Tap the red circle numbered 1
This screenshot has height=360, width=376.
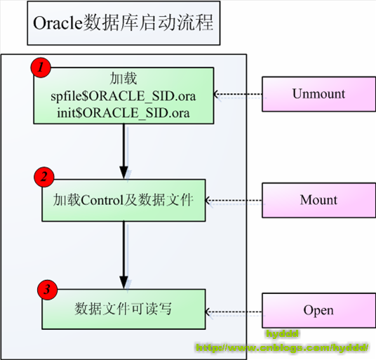coord(41,68)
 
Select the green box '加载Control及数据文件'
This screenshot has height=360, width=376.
coord(123,200)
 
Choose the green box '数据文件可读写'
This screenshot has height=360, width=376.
coord(123,309)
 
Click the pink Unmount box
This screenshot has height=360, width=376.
coord(318,93)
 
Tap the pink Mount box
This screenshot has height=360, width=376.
coord(318,200)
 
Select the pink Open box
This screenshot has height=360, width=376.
coord(318,310)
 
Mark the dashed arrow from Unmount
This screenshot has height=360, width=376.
coord(239,93)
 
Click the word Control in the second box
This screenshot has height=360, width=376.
coord(103,200)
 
